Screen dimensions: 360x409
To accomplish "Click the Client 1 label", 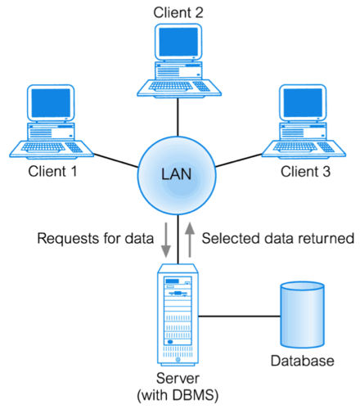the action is [52, 172].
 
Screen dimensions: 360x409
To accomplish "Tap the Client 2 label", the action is [178, 12].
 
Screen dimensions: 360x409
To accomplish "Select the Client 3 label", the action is [305, 172].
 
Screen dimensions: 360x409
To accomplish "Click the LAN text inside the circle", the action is [177, 174].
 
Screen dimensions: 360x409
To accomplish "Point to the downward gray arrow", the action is [165, 240].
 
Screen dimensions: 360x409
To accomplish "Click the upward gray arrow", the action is [190, 240].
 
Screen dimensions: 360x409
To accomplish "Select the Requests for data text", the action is [96, 238].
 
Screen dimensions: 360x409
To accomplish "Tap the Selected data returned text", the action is [278, 238].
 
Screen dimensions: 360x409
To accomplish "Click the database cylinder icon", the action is [303, 315].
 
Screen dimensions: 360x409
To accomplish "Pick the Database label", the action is [303, 361].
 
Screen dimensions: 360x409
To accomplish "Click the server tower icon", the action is [178, 315].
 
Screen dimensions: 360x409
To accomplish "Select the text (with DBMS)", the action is [178, 395].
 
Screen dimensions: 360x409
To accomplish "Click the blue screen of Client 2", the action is [178, 42].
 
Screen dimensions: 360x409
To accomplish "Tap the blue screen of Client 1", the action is [51, 103].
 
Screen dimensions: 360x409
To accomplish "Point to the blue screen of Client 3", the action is [303, 103].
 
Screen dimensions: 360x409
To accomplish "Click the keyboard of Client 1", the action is [43, 147].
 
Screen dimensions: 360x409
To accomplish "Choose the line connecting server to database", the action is [240, 317].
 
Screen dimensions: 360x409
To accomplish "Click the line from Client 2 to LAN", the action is [178, 117].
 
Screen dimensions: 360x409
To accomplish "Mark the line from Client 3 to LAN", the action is [239, 160].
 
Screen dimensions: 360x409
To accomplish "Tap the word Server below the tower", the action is [178, 378].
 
